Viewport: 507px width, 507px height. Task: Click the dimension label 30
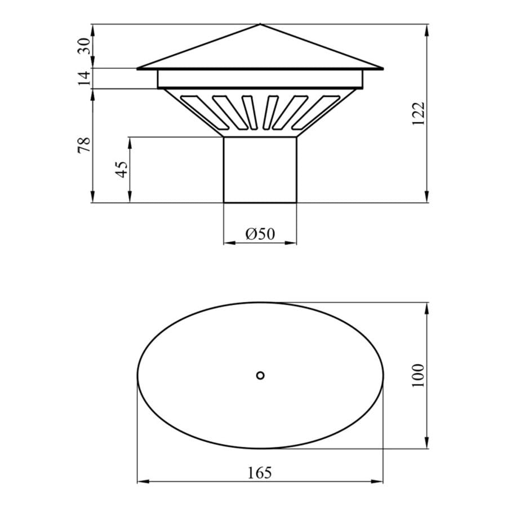[x=84, y=46]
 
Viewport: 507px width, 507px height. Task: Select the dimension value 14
[x=84, y=78]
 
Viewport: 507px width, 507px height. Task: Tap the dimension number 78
[x=84, y=145]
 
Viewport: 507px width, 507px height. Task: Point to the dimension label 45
[x=122, y=169]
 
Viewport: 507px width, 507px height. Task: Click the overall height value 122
[x=418, y=114]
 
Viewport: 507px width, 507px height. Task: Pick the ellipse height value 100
[x=418, y=375]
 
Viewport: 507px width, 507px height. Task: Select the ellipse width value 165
[x=260, y=473]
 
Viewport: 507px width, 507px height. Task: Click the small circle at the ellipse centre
[x=260, y=375]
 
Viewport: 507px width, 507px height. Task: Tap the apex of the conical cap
[x=260, y=24]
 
